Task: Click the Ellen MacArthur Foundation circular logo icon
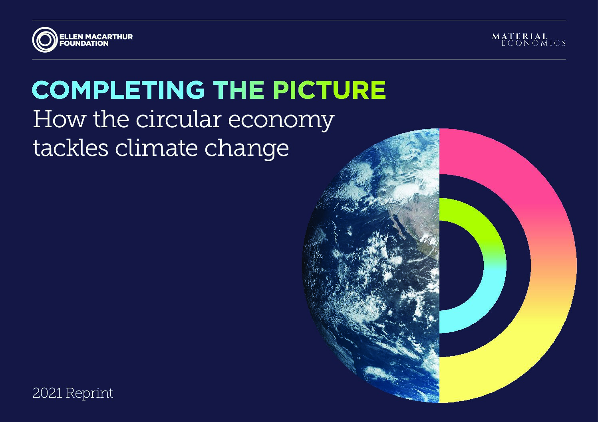pos(45,40)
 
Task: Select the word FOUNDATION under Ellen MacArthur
pos(84,43)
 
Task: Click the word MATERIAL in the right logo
pos(519,36)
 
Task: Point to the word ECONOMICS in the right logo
pos(533,43)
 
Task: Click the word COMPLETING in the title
pos(118,90)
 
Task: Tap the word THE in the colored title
pos(239,90)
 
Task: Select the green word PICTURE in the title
pos(330,90)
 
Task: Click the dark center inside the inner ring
pos(459,266)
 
